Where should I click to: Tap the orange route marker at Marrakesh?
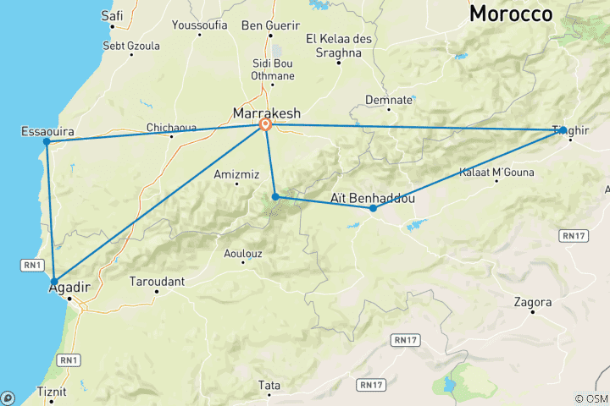point(265,125)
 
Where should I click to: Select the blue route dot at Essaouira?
point(47,141)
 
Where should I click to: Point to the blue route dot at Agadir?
point(54,282)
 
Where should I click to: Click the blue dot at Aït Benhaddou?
point(373,208)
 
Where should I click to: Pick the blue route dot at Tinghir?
point(563,130)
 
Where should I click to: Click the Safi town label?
point(112,15)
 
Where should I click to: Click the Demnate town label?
point(389,100)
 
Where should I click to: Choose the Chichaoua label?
point(171,128)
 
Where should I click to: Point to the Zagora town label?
point(533,302)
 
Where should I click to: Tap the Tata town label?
point(269,386)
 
